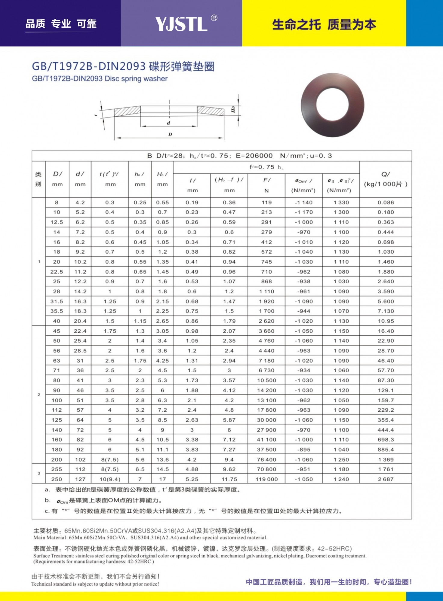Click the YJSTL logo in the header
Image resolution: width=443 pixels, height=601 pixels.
click(x=181, y=24)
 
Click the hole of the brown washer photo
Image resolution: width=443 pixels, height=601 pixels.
click(x=332, y=105)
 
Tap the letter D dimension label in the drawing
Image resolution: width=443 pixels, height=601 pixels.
click(x=170, y=134)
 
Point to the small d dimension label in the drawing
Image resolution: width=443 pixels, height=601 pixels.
click(x=168, y=123)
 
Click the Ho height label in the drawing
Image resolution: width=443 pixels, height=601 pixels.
click(x=233, y=110)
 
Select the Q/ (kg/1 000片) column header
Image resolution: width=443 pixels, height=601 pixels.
click(x=386, y=179)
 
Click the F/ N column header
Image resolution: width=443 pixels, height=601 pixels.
click(x=266, y=185)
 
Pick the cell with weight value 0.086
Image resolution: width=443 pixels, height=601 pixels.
click(x=386, y=203)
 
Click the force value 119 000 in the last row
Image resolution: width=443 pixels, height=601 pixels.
click(x=266, y=479)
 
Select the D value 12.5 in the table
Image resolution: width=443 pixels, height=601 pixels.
click(x=57, y=222)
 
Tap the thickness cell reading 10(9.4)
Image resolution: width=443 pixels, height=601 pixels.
click(x=110, y=479)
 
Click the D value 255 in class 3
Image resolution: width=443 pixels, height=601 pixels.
click(x=57, y=469)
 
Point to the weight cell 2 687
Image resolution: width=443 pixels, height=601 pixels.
click(x=386, y=479)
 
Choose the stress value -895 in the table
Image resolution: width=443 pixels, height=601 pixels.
click(x=304, y=450)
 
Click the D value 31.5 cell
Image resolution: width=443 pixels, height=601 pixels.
click(x=57, y=301)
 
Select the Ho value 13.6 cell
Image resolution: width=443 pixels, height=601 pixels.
click(x=162, y=459)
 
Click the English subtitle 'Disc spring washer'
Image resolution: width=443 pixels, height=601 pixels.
click(x=136, y=79)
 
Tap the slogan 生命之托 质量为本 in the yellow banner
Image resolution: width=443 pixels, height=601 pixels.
click(x=324, y=25)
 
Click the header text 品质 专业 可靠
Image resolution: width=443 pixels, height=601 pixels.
click(x=61, y=24)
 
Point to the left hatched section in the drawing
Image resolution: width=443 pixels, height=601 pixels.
click(x=128, y=111)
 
